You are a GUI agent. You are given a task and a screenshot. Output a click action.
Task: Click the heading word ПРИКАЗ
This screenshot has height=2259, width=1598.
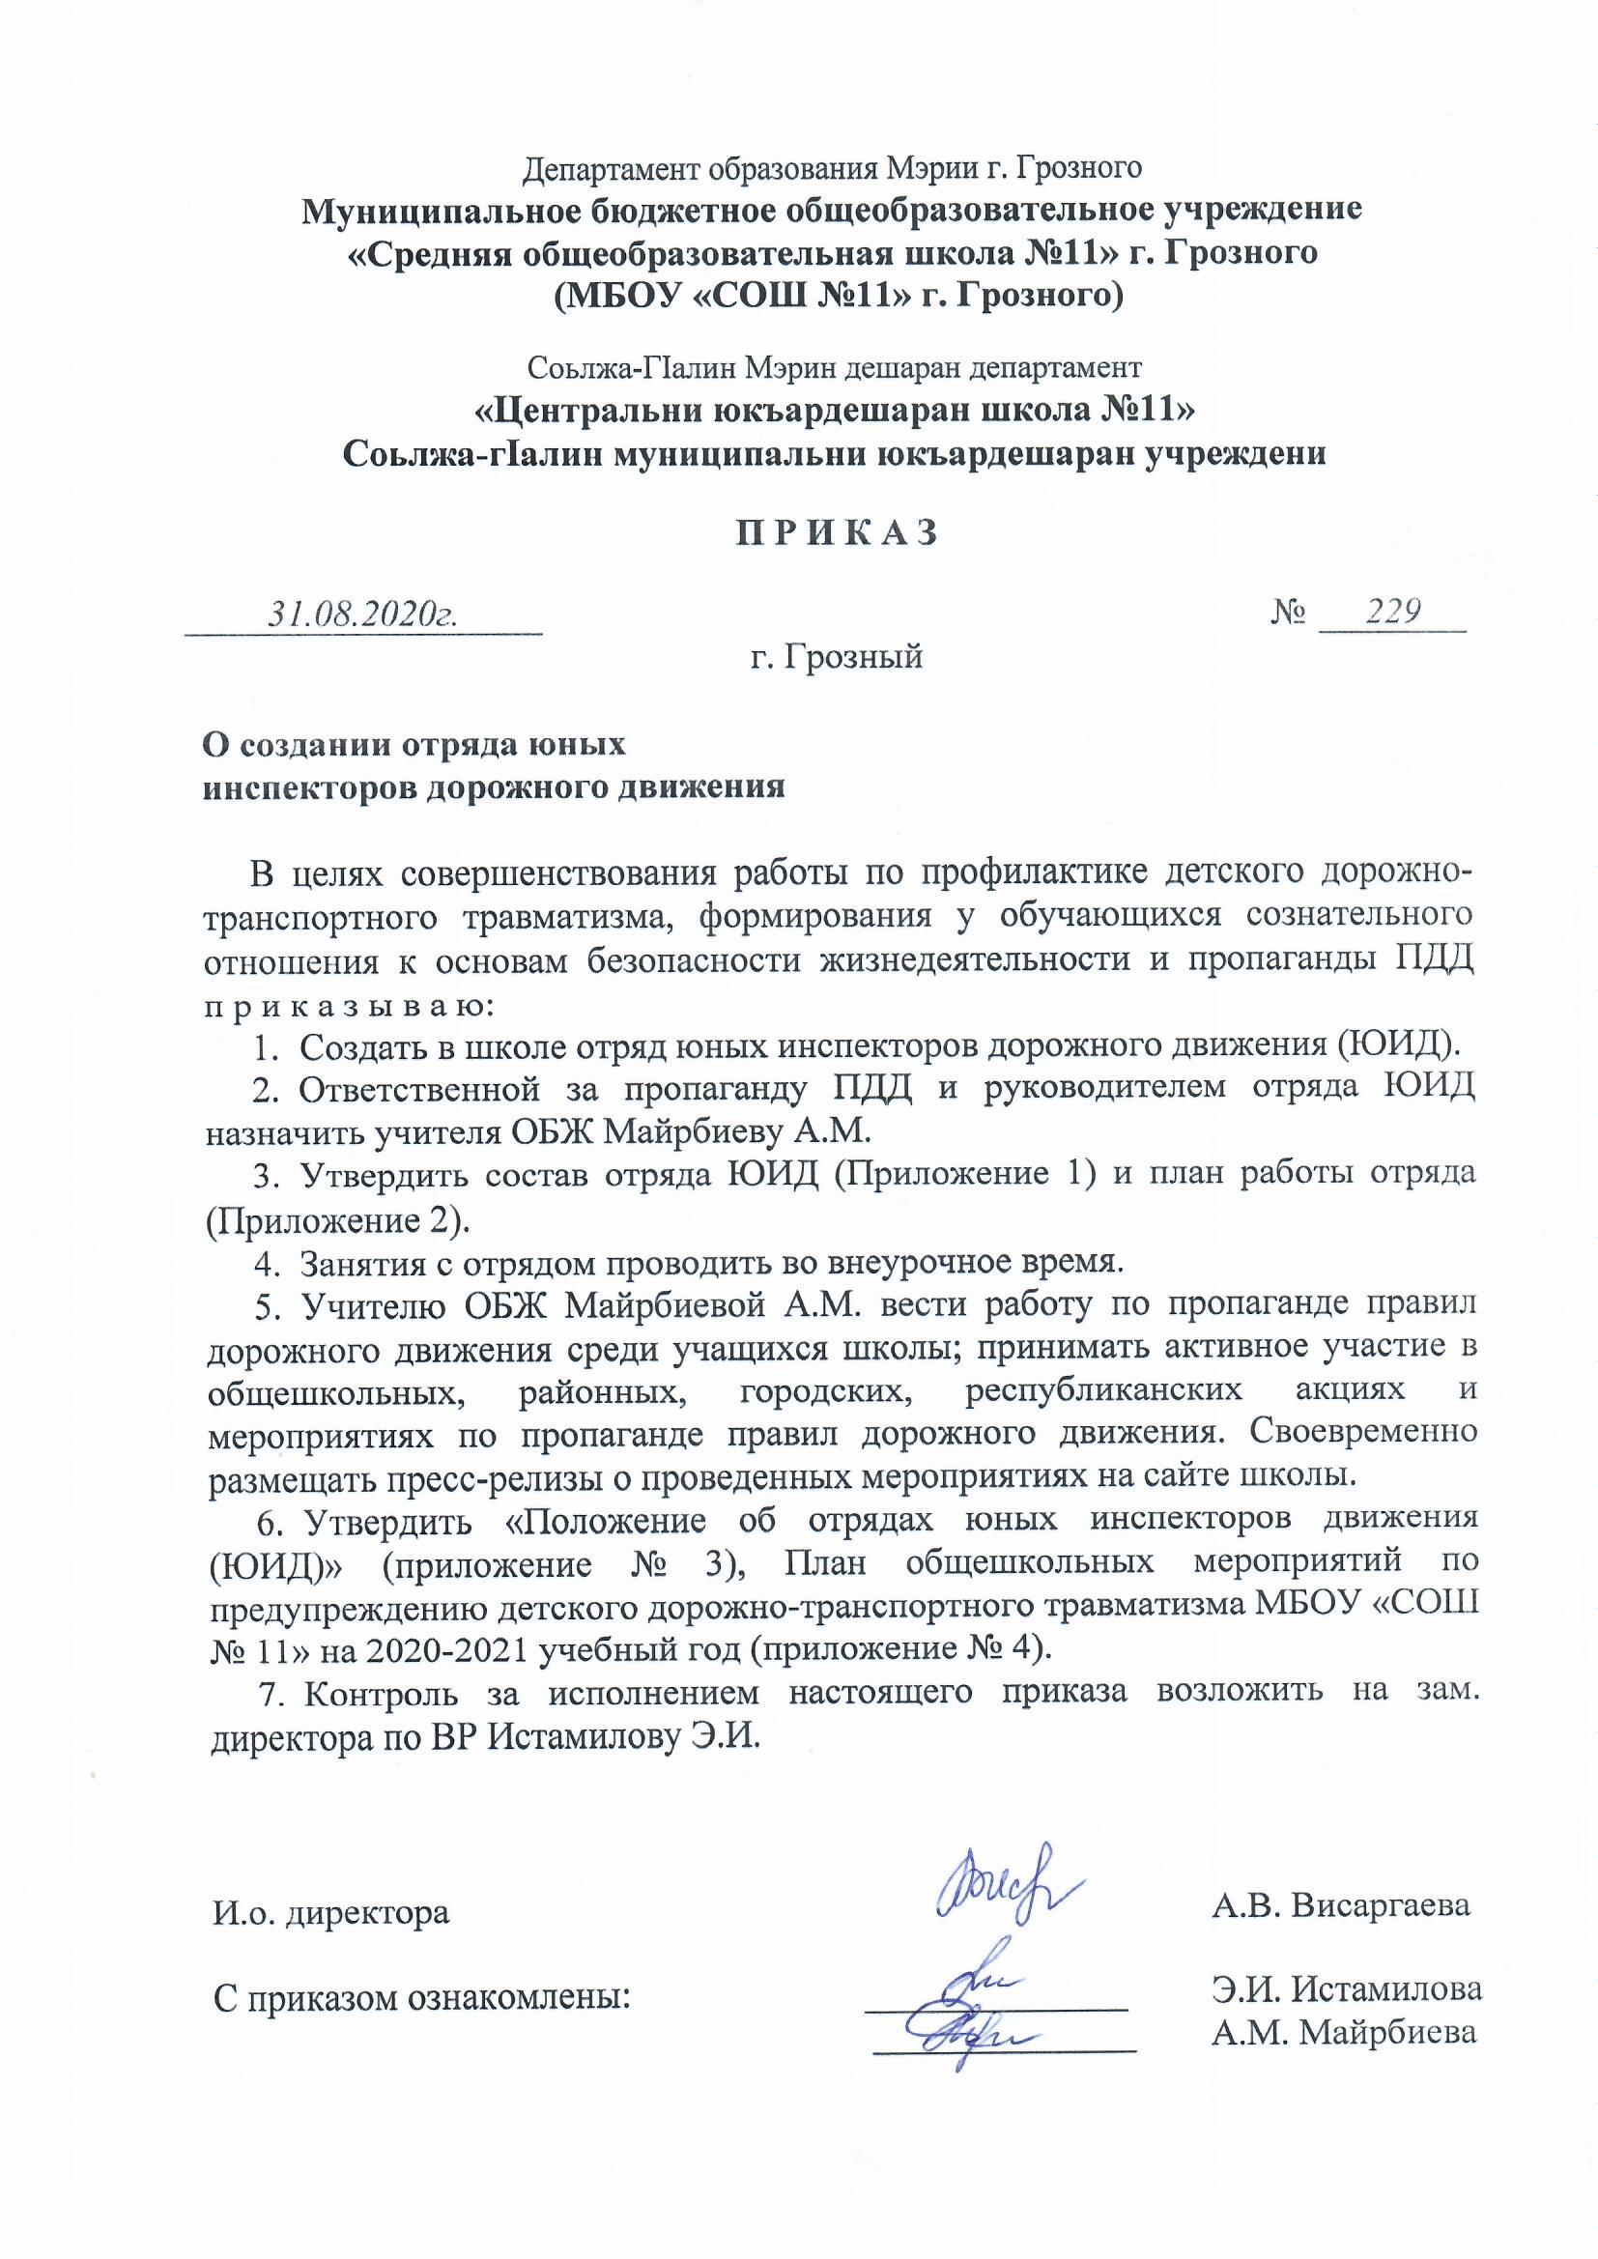pos(838,532)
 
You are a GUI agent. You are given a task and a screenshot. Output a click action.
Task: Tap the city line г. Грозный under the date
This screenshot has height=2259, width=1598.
pos(837,655)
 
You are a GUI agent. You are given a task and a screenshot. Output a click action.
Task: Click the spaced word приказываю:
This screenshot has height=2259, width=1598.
pos(348,1008)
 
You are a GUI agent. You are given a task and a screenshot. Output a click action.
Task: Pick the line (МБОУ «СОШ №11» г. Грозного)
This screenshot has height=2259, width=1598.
pos(838,294)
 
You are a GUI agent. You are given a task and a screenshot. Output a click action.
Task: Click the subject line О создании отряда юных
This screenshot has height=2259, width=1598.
pos(414,745)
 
